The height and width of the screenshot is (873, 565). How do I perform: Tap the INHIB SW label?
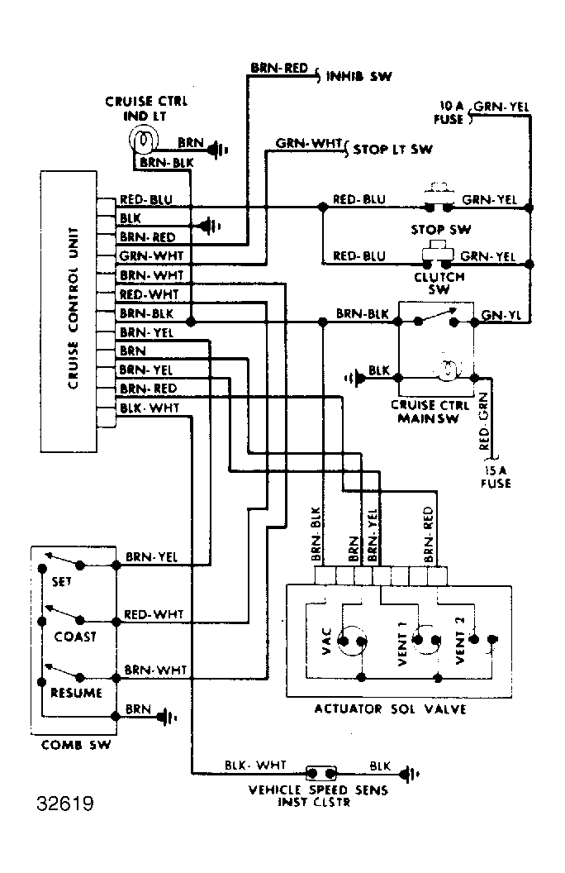tap(358, 76)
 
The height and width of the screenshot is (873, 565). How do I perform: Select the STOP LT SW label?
tap(392, 149)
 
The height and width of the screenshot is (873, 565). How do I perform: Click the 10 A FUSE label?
tap(449, 112)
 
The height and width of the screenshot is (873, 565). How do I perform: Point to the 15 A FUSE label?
tap(495, 477)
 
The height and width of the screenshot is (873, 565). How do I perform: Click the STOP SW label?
tap(440, 229)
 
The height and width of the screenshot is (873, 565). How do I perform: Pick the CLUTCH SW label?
tap(439, 283)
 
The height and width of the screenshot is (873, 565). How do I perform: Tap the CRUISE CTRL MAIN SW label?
tap(430, 412)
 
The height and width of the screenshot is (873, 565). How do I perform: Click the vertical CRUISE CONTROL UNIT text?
tap(73, 308)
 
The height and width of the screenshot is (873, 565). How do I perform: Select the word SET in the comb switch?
tap(62, 582)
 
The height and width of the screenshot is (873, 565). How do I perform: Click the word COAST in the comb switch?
tap(75, 637)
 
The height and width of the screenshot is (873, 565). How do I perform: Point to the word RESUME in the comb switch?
tap(76, 693)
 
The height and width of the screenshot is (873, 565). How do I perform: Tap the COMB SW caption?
tap(76, 745)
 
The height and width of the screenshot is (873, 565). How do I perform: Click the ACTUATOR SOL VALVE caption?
tap(391, 708)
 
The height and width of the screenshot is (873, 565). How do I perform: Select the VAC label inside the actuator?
tap(327, 641)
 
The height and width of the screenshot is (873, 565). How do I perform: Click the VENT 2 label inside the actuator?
tap(460, 640)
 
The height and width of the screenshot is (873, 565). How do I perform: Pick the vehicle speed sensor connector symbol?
tap(321, 773)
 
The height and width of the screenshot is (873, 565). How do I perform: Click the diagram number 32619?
tap(65, 804)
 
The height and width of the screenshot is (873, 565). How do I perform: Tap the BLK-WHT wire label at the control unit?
tap(150, 408)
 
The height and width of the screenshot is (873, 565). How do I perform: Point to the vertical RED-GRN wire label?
tap(484, 422)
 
